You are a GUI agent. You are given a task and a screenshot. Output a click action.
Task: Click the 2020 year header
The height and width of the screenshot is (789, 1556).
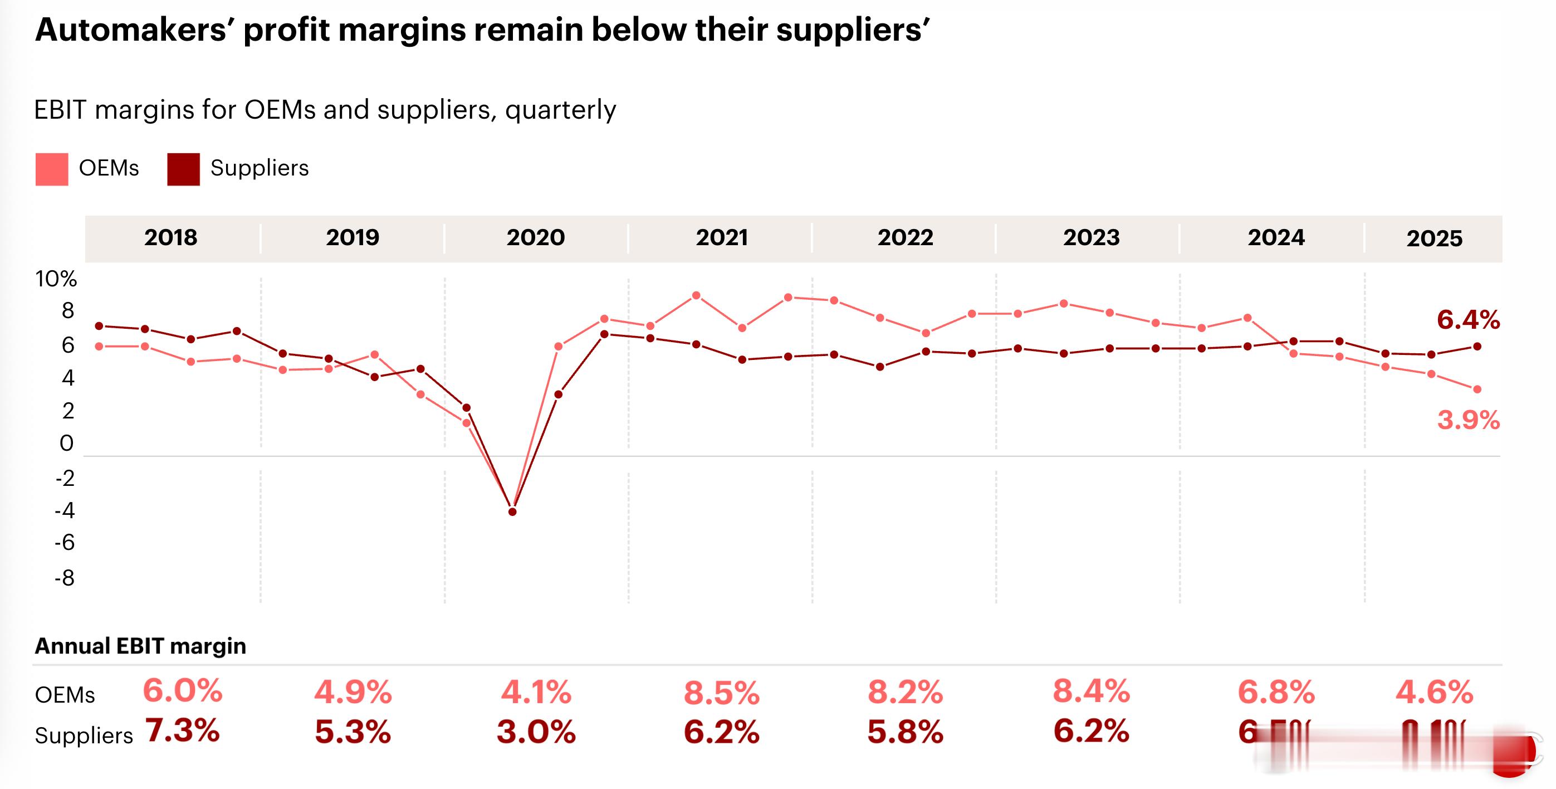[x=535, y=237]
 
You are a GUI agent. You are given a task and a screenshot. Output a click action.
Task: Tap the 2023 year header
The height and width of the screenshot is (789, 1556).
[x=1091, y=237]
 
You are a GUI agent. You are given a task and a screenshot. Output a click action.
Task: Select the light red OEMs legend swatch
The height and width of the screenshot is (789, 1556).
[x=51, y=169]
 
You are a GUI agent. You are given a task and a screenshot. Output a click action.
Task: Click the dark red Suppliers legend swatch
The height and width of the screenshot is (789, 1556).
[x=183, y=169]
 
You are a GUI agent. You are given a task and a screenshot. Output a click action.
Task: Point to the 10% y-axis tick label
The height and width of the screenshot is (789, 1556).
[x=56, y=279]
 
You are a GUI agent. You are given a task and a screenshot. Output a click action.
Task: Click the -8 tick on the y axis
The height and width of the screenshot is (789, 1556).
[x=65, y=578]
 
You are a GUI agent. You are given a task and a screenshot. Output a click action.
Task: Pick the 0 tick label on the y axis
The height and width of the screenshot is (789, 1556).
[x=66, y=444]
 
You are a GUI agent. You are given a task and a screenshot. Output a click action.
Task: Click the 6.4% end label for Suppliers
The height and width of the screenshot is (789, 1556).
[x=1468, y=320]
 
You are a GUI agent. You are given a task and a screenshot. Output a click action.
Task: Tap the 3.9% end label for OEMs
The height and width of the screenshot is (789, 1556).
[x=1468, y=420]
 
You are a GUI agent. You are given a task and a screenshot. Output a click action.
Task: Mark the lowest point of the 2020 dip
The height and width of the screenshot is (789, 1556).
[x=512, y=512]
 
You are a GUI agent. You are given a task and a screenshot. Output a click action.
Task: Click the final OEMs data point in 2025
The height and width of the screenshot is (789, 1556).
[x=1477, y=389]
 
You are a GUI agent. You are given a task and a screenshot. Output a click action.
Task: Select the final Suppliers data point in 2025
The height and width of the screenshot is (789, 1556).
[x=1477, y=347]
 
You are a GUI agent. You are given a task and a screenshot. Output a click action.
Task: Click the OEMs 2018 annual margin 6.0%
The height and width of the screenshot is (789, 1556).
[x=183, y=690]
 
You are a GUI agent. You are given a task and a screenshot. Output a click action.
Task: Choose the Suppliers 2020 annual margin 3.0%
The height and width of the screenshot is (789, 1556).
[x=536, y=732]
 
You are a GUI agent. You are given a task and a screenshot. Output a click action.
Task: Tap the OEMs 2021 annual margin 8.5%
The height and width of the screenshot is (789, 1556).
[x=721, y=693]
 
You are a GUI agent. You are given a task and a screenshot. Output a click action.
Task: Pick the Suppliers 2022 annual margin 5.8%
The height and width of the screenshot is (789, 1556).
[x=905, y=732]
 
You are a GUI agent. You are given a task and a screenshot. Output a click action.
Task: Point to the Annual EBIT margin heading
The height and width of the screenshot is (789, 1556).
[x=140, y=646]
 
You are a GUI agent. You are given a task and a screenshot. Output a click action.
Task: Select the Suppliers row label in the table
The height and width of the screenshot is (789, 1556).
[x=84, y=736]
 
